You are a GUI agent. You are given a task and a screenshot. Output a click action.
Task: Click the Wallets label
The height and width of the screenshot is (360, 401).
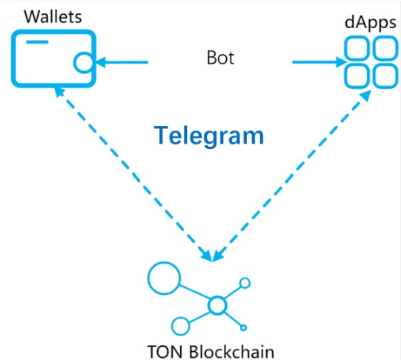(x=53, y=17)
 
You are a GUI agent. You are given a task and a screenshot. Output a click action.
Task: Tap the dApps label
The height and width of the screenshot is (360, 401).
(x=371, y=23)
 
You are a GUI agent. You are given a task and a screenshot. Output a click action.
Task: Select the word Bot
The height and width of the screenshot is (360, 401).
(x=220, y=58)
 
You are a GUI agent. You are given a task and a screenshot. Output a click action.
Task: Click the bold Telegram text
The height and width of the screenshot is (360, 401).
(x=209, y=136)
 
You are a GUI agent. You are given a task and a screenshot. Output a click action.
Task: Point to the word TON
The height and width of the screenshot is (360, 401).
(x=166, y=352)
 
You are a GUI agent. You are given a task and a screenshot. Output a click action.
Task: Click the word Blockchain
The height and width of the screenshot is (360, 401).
(x=232, y=352)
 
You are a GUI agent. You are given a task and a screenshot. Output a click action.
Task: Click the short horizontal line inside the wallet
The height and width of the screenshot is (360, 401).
(x=37, y=42)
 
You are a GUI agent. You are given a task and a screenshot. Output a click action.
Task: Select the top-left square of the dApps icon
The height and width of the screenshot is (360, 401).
(x=357, y=48)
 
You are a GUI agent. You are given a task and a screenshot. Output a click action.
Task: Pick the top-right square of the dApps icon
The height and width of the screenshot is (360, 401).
(x=385, y=48)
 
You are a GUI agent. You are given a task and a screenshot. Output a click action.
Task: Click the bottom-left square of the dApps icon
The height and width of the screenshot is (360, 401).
(x=357, y=76)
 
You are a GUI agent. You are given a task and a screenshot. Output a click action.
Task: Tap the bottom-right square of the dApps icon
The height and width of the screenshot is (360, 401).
(x=385, y=76)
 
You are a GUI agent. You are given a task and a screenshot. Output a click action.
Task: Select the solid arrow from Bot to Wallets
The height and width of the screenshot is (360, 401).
(x=122, y=62)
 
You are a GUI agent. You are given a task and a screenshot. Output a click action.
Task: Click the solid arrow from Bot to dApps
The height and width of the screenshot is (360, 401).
(x=319, y=62)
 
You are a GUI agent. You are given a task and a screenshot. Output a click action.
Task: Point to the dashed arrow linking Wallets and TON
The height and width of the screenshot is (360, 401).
(x=133, y=174)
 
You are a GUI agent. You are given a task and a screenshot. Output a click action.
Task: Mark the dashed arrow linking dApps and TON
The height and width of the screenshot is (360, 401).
(x=292, y=176)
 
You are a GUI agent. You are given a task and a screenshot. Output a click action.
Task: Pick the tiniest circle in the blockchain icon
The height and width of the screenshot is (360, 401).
(x=243, y=327)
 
